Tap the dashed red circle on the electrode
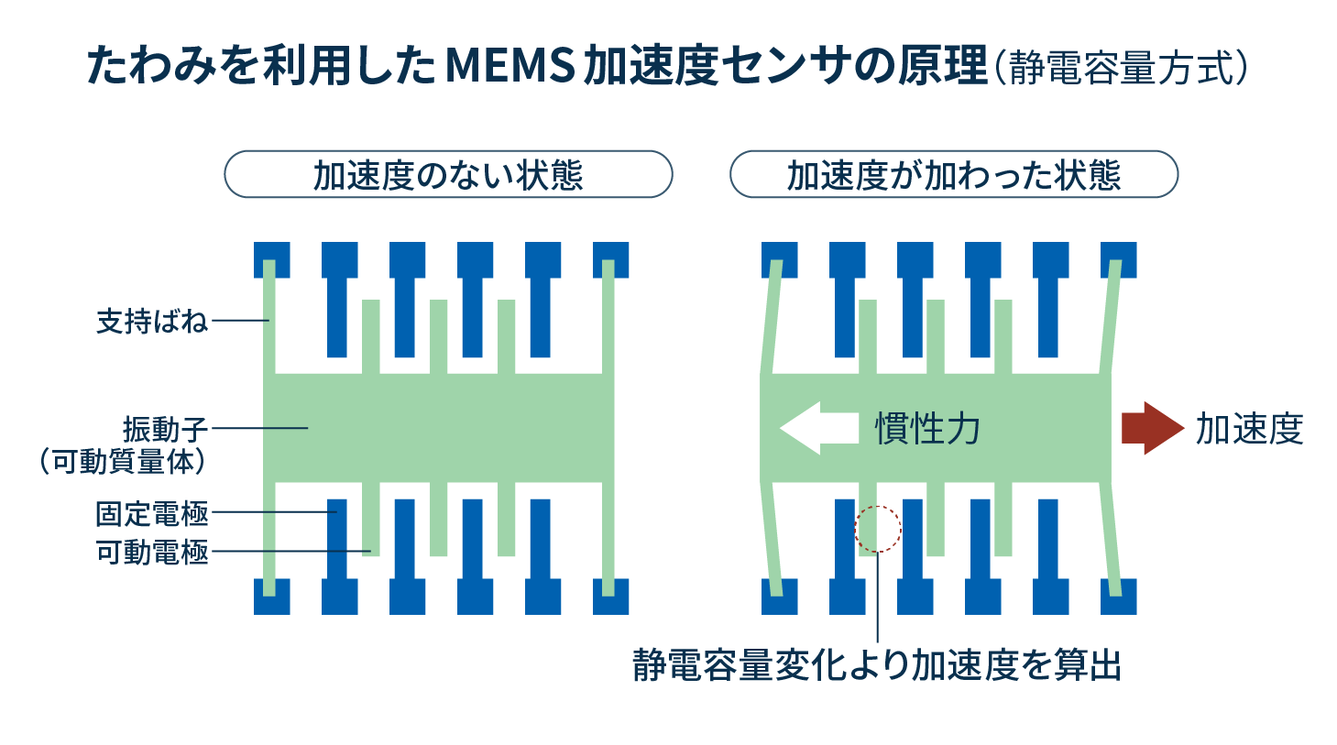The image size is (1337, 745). tap(878, 529)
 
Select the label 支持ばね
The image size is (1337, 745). tap(152, 322)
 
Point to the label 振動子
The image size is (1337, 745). tap(166, 429)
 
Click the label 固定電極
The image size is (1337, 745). tap(152, 513)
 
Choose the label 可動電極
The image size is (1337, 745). tap(152, 552)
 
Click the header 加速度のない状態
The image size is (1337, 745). tap(448, 175)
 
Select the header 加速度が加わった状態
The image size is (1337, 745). tap(953, 175)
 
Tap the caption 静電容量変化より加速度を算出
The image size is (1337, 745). tap(877, 666)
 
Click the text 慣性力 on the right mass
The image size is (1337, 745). tap(928, 429)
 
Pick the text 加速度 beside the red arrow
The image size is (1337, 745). tap(1249, 429)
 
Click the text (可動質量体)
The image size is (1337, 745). tap(123, 461)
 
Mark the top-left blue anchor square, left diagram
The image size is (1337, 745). tap(271, 258)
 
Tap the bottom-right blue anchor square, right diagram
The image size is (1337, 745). tap(1118, 597)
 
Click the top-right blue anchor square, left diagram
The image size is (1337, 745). tap(611, 258)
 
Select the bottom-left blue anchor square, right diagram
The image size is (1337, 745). tap(779, 597)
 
